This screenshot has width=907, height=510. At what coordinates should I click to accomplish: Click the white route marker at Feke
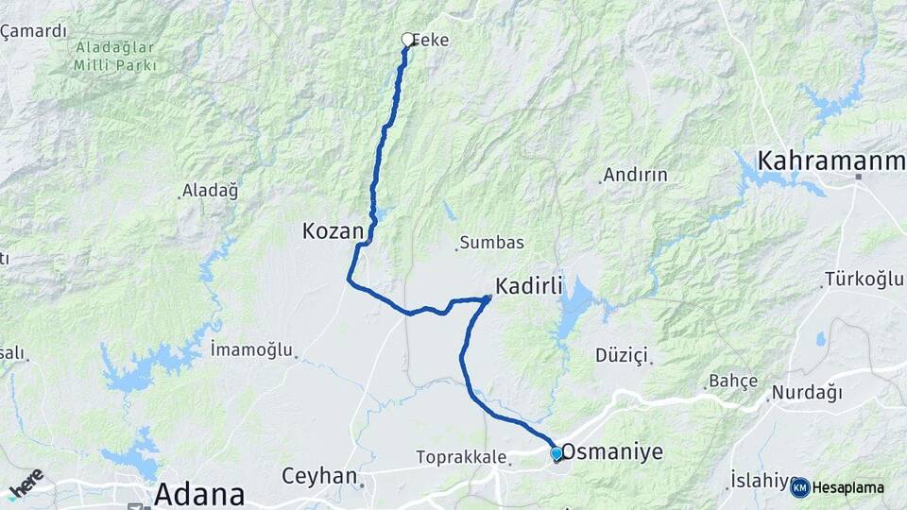tap(408, 40)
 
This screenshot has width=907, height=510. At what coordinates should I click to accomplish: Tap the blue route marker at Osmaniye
tap(556, 453)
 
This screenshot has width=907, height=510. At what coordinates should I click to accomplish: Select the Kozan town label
tap(333, 230)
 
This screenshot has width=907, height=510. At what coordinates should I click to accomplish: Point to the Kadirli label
tap(529, 284)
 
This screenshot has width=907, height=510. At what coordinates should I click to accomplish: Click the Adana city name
tap(198, 493)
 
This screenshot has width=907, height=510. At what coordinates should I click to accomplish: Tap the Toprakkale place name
tap(460, 457)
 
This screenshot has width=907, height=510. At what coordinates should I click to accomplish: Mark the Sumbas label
tap(492, 243)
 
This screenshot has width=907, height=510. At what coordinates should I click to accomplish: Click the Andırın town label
tap(635, 175)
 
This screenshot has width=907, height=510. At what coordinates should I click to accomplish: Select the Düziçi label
tap(622, 355)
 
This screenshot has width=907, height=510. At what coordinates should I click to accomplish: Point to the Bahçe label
tap(733, 381)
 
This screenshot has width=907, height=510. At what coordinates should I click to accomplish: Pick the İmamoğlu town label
tap(251, 349)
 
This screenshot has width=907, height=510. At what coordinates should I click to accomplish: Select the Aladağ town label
tap(212, 190)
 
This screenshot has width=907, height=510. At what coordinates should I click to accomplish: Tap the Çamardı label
tap(34, 31)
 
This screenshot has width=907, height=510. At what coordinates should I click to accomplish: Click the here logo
tap(26, 483)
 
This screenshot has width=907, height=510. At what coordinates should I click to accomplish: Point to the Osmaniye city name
tap(612, 452)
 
